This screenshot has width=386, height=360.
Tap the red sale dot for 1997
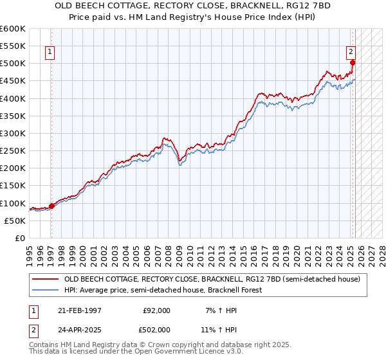(x=51, y=206)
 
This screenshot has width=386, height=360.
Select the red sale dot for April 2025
(x=353, y=62)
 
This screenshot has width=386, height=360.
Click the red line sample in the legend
(x=46, y=280)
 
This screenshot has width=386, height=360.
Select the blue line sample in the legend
(x=46, y=290)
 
